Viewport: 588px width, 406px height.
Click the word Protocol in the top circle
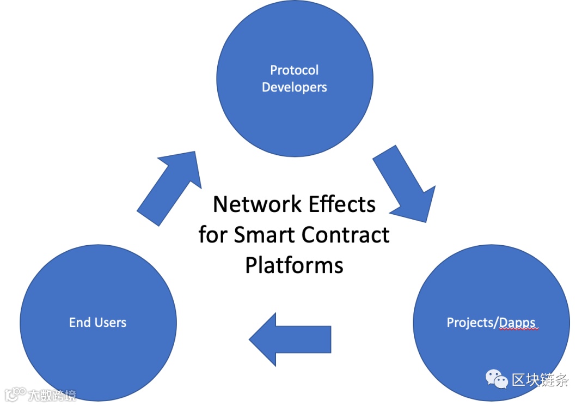(x=294, y=70)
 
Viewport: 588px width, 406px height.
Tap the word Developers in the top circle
(x=294, y=87)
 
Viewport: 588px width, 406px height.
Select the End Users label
(x=97, y=322)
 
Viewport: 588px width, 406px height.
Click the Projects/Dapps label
(x=492, y=322)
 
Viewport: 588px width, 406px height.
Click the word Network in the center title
(x=249, y=204)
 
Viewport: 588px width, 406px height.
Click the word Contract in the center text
(x=346, y=235)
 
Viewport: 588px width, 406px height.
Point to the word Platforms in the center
(x=294, y=265)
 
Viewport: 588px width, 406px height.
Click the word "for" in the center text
(x=213, y=235)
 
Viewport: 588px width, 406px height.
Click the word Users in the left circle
(x=111, y=322)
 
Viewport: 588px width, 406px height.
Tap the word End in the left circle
(x=79, y=322)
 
